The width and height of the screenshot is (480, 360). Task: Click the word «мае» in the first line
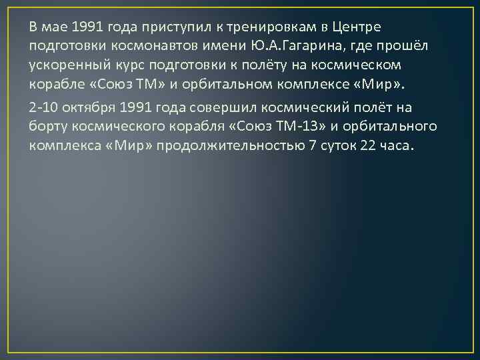coord(53,27)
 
